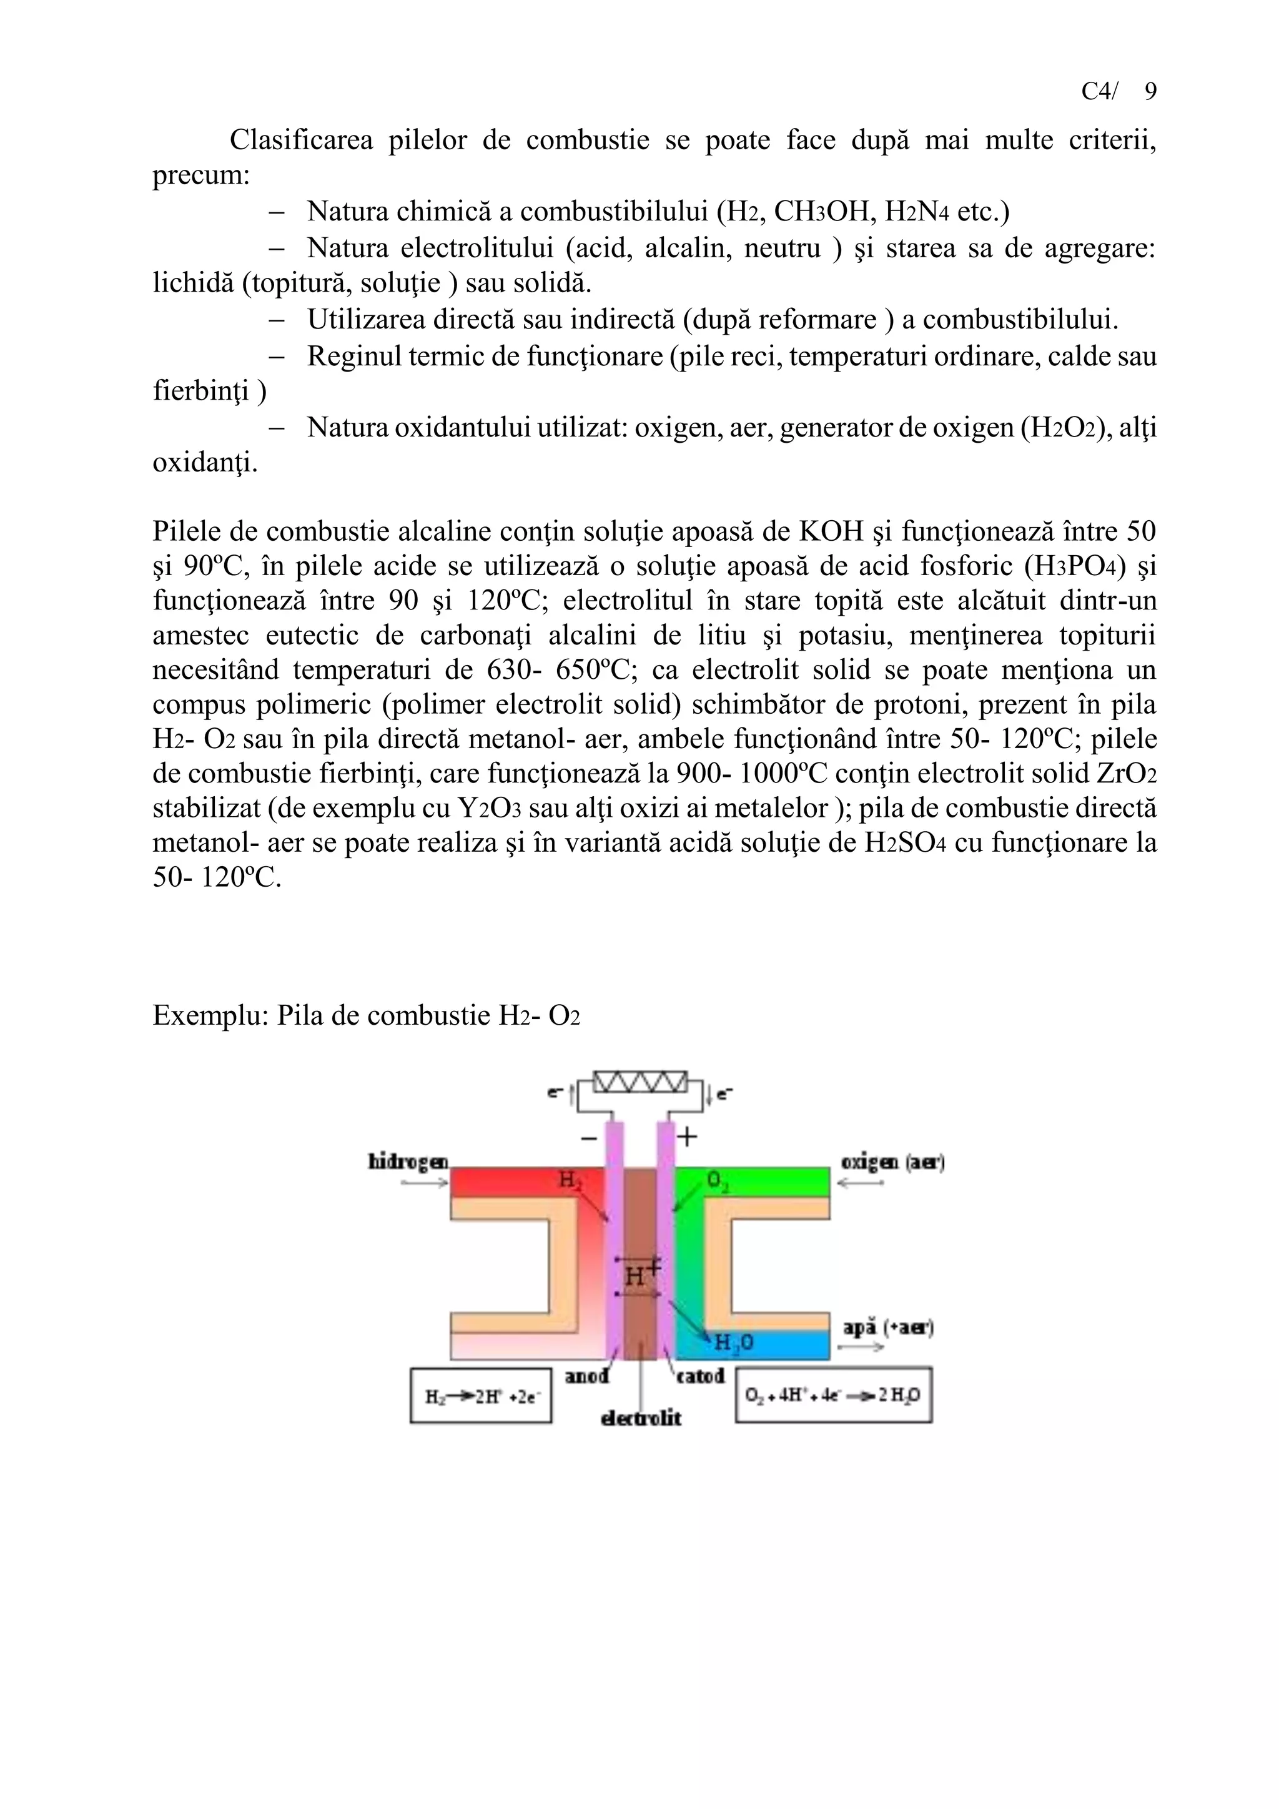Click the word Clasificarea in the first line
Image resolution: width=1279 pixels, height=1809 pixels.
point(301,140)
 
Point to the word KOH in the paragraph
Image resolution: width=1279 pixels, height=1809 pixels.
point(831,531)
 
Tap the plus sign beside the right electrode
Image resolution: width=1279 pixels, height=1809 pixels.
point(688,1137)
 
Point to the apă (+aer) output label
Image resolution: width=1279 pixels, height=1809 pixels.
point(888,1328)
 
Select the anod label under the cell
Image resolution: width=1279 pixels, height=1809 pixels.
point(587,1376)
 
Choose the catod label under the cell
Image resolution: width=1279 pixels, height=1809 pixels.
point(701,1376)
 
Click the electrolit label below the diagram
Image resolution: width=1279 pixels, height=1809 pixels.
point(641,1418)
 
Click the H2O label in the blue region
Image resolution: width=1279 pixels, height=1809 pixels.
point(734,1343)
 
